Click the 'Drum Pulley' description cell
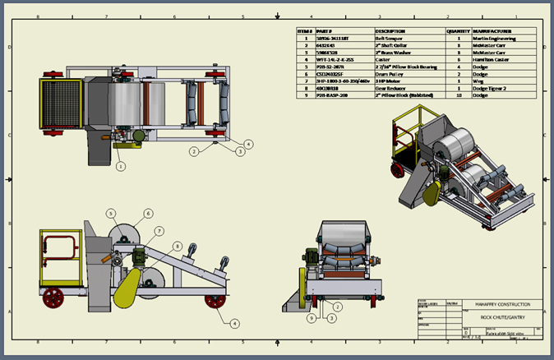[x=388, y=74]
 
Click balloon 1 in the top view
[x=121, y=165]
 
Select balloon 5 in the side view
[x=109, y=214]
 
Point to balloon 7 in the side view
[x=159, y=230]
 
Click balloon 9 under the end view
[x=312, y=317]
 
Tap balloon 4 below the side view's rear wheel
[x=234, y=323]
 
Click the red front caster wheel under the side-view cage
[x=54, y=296]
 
